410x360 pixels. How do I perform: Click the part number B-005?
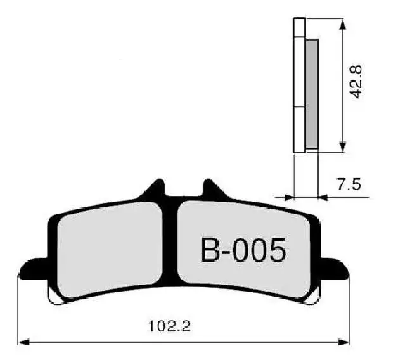[x=243, y=250]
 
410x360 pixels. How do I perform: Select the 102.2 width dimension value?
[x=169, y=326]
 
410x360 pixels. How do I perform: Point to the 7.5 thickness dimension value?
[x=349, y=184]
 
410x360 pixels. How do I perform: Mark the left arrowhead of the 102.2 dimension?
[x=23, y=342]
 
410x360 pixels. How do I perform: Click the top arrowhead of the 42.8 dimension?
[x=343, y=23]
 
